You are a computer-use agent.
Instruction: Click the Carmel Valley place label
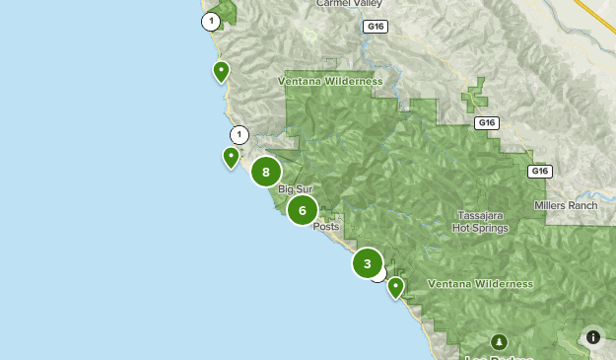pyautogui.click(x=347, y=4)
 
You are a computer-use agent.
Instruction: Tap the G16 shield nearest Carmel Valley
pyautogui.click(x=374, y=27)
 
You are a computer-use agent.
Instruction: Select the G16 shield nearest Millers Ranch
pyautogui.click(x=538, y=171)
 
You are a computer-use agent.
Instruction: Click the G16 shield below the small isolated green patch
pyautogui.click(x=485, y=123)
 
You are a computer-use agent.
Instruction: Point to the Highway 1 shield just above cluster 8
pyautogui.click(x=239, y=135)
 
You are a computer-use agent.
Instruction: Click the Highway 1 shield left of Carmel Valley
pyautogui.click(x=211, y=21)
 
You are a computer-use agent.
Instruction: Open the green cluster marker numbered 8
pyautogui.click(x=266, y=172)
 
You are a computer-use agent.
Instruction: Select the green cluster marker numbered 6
pyautogui.click(x=303, y=209)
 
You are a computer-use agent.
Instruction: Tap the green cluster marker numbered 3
pyautogui.click(x=368, y=263)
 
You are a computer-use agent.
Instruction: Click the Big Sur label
pyautogui.click(x=295, y=189)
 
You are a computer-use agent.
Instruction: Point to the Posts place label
pyautogui.click(x=326, y=227)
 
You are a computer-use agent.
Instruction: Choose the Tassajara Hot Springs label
pyautogui.click(x=481, y=222)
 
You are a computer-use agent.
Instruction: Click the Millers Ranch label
pyautogui.click(x=566, y=205)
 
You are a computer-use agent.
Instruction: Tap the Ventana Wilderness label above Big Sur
pyautogui.click(x=329, y=81)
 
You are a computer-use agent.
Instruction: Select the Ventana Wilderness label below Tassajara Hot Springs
pyautogui.click(x=480, y=284)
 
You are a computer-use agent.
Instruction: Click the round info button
pyautogui.click(x=593, y=336)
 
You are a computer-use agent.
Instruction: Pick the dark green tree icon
pyautogui.click(x=500, y=341)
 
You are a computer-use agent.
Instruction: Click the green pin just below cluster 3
pyautogui.click(x=395, y=287)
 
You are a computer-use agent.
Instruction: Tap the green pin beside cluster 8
pyautogui.click(x=231, y=156)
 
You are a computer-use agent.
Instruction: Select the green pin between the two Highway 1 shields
pyautogui.click(x=222, y=70)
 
